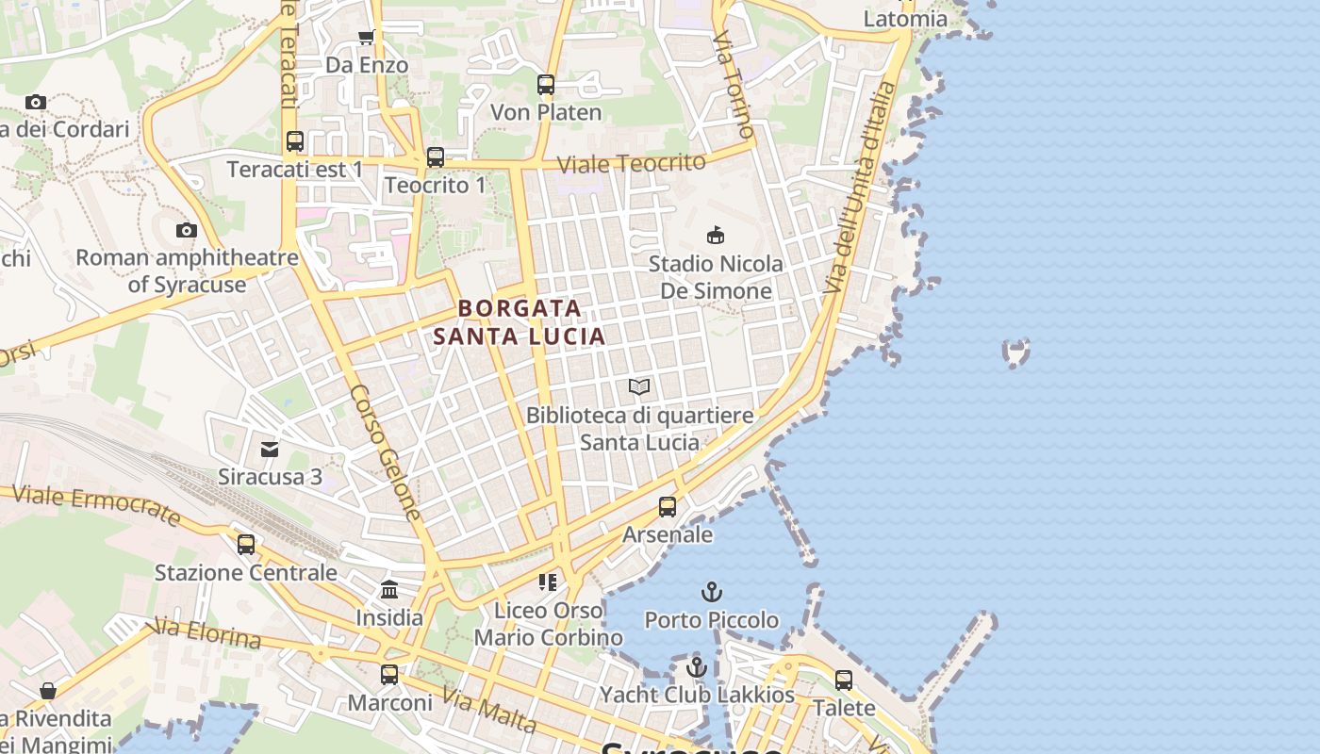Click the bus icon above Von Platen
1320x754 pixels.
[546, 85]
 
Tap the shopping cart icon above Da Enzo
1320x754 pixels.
[366, 38]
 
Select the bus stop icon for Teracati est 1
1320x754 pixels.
[295, 141]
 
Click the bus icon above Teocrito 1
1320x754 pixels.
[435, 157]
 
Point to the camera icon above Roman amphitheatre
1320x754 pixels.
[187, 230]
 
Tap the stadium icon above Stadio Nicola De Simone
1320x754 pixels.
[716, 235]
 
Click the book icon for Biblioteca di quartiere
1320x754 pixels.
[639, 386]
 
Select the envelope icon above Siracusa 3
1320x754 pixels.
[270, 449]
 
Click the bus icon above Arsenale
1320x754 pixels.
[668, 507]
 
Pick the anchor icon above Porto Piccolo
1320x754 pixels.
[712, 592]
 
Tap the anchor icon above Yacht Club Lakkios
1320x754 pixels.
[697, 667]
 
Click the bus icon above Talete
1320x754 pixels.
[844, 680]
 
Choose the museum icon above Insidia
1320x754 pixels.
[389, 590]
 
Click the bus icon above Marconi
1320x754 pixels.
[389, 675]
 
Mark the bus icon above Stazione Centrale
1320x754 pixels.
[246, 544]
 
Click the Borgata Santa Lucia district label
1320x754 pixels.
[520, 321]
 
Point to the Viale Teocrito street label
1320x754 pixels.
[631, 163]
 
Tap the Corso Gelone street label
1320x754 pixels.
[386, 452]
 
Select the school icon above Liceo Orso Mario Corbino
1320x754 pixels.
[548, 582]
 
